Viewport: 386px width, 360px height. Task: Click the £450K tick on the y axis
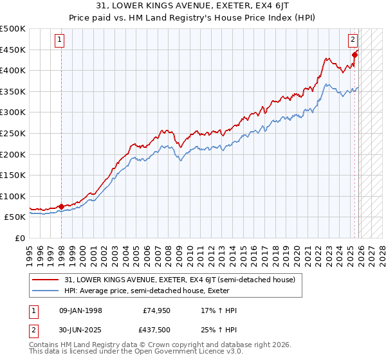(x=13, y=50)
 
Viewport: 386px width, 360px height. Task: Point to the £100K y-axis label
(x=13, y=196)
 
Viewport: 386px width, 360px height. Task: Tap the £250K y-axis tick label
(x=13, y=133)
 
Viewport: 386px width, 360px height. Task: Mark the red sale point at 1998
(x=61, y=206)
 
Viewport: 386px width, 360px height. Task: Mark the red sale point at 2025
(x=354, y=55)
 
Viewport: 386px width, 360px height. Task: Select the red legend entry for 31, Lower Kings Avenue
(x=179, y=280)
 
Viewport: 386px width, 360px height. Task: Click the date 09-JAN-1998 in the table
(x=80, y=310)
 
